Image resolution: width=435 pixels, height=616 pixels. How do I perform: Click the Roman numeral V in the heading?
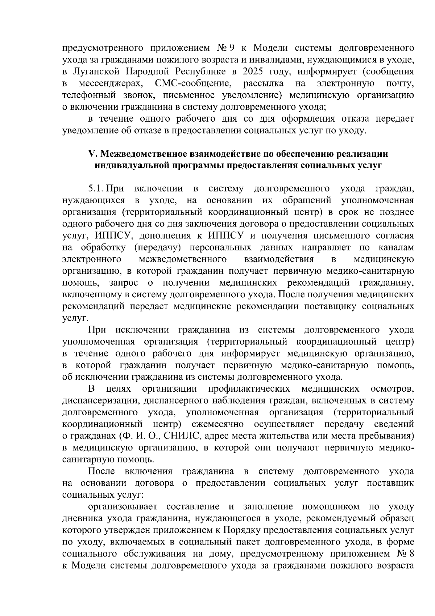point(91,154)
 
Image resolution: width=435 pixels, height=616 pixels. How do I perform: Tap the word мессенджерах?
point(111,83)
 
